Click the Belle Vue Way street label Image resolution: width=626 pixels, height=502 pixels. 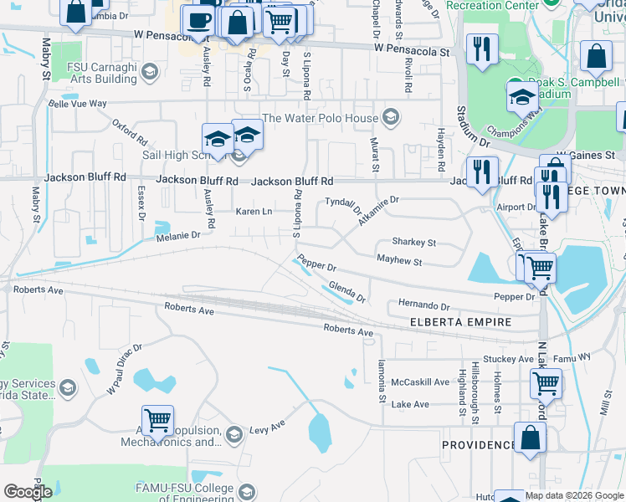pyautogui.click(x=78, y=105)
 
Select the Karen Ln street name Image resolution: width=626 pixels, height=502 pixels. pyautogui.click(x=254, y=211)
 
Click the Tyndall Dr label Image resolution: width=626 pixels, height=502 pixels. pyautogui.click(x=342, y=204)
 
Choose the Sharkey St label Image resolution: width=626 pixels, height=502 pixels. pyautogui.click(x=414, y=242)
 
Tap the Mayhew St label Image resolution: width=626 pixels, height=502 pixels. pyautogui.click(x=399, y=262)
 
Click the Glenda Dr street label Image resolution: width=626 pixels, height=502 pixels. pyautogui.click(x=347, y=292)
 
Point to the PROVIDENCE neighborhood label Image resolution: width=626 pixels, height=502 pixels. pyautogui.click(x=478, y=445)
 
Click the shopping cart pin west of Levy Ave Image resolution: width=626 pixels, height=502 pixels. pyautogui.click(x=157, y=420)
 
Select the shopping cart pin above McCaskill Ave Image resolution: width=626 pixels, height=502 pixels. pyautogui.click(x=546, y=383)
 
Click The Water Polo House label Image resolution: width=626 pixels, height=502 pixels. pyautogui.click(x=321, y=118)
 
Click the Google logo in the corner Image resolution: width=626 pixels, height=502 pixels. pyautogui.click(x=28, y=492)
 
